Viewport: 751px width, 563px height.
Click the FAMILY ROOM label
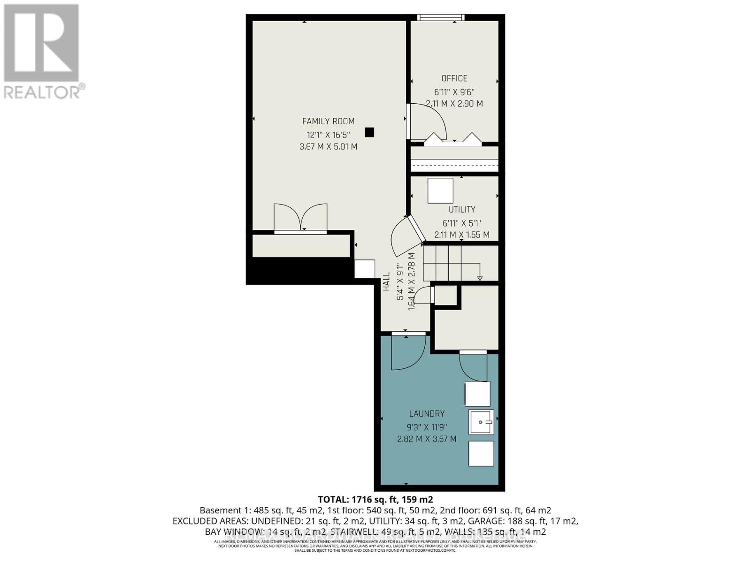point(328,121)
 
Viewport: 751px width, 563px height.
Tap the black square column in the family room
point(369,132)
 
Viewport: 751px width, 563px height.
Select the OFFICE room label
point(454,78)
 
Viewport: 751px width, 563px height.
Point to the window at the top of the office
point(441,18)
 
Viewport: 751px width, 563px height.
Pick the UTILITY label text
point(462,209)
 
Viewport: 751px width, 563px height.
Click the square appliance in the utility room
point(440,190)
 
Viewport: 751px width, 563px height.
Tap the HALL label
point(386,281)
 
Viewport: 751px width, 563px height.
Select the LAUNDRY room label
point(427,413)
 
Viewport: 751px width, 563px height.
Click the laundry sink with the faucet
point(481,422)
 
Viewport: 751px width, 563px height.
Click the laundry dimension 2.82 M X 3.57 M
point(427,439)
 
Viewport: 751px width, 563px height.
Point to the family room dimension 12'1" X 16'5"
point(328,135)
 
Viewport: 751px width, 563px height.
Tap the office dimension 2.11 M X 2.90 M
point(454,104)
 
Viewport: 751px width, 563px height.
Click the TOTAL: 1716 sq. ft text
point(375,499)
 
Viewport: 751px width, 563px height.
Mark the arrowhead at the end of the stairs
point(480,279)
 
